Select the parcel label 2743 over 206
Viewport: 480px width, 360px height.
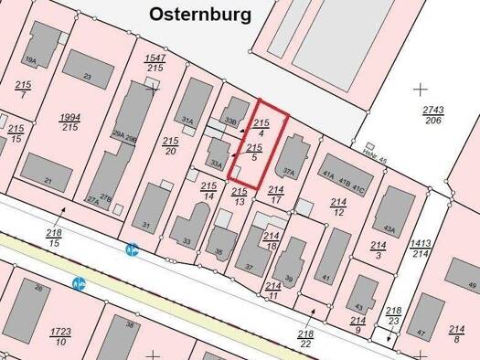[x=433, y=114]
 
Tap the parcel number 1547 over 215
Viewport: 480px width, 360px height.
[x=155, y=62]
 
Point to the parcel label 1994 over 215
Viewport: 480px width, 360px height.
[x=69, y=122]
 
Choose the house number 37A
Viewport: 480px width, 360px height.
[x=289, y=171]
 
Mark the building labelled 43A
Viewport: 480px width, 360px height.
[x=389, y=228]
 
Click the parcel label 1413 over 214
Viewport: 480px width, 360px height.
[x=421, y=249]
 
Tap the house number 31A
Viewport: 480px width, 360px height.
[x=187, y=120]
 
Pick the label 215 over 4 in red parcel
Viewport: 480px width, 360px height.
[x=261, y=128]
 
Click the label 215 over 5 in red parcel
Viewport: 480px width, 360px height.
[x=255, y=153]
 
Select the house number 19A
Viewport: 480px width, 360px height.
[x=30, y=60]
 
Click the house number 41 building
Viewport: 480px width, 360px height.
[x=326, y=277]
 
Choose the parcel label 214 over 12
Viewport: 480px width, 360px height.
[x=338, y=207]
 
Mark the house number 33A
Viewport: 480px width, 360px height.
[x=217, y=164]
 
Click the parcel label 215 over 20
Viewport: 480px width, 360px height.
[x=170, y=145]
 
